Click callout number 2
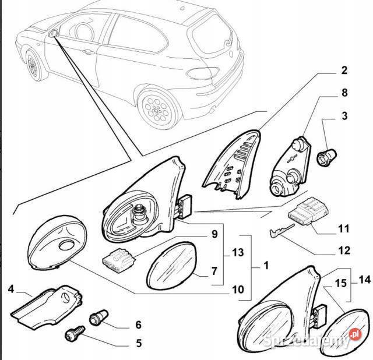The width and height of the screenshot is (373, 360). tap(344, 70)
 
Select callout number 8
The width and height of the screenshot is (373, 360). tap(344, 93)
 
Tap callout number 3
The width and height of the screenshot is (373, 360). tap(344, 116)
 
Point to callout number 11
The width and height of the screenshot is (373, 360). tap(344, 229)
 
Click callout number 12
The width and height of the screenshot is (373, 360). tap(344, 250)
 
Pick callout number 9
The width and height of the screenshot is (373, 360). tap(214, 234)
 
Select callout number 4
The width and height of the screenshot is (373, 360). tap(11, 290)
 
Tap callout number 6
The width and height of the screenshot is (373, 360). tap(139, 325)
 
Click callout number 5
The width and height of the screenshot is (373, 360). tap(139, 343)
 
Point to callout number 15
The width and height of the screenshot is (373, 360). tap(340, 283)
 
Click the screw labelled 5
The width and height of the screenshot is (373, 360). tap(75, 334)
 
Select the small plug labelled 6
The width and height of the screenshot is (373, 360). tap(98, 317)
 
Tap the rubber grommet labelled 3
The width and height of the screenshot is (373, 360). tap(326, 156)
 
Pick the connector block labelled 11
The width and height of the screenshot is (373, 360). tap(308, 211)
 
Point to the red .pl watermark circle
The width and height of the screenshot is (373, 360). tap(355, 334)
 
